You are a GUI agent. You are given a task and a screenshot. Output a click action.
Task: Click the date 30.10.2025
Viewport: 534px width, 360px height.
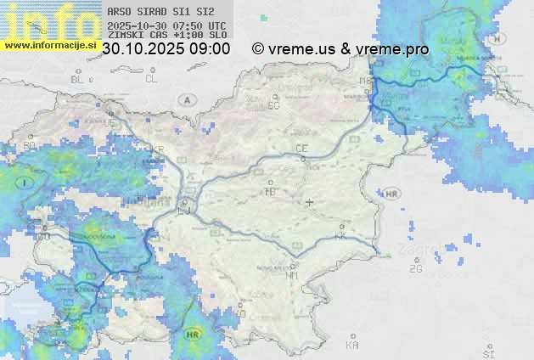point(138,49)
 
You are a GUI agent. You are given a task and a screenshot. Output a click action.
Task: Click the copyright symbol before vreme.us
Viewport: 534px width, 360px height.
point(258,49)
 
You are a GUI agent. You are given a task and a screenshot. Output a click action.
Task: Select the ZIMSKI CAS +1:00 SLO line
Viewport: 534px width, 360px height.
point(167,36)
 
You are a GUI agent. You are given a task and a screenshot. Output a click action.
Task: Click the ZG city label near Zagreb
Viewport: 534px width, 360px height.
point(415,269)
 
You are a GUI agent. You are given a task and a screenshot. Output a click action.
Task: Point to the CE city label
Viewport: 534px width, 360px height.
point(301,149)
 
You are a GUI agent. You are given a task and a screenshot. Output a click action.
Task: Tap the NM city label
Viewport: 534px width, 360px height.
point(293,276)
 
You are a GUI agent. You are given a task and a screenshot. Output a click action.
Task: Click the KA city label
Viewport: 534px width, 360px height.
point(352,345)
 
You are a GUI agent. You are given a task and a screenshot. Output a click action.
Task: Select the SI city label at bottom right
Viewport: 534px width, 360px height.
point(487,352)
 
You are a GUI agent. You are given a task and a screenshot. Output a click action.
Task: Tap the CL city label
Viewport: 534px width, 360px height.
point(151,79)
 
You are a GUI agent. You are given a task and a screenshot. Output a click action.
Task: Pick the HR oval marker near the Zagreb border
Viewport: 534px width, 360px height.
point(391,194)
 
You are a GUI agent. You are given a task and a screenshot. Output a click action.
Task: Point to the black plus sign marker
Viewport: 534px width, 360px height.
point(310,202)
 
